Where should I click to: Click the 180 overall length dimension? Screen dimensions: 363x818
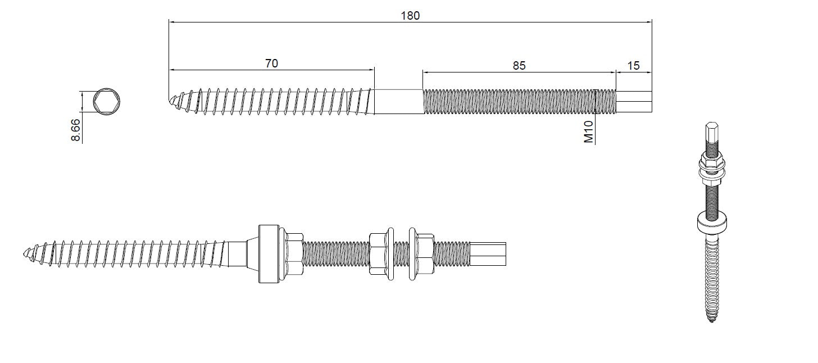pyautogui.click(x=410, y=15)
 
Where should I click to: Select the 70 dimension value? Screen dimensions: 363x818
pyautogui.click(x=271, y=63)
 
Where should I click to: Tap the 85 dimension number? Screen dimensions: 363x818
pyautogui.click(x=519, y=66)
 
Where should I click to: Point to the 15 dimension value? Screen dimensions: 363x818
pyautogui.click(x=633, y=66)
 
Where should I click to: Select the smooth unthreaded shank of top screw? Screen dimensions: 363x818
pyautogui.click(x=398, y=102)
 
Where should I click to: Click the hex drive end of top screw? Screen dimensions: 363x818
pyautogui.click(x=634, y=102)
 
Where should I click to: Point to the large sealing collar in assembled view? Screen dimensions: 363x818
pyautogui.click(x=267, y=253)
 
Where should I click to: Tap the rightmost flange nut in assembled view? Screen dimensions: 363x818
pyautogui.click(x=422, y=254)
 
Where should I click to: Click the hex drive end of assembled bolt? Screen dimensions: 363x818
pyautogui.click(x=489, y=254)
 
